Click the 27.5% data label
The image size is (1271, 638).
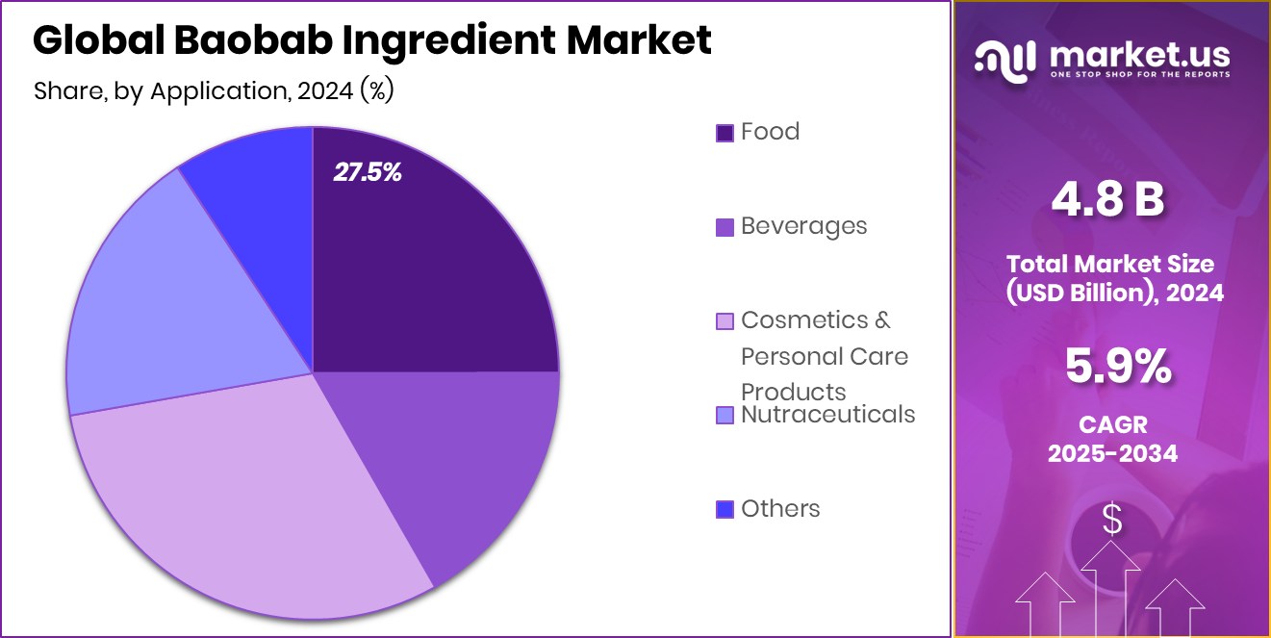point(368,172)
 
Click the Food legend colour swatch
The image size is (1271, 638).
point(724,133)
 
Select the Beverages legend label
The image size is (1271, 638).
point(803,226)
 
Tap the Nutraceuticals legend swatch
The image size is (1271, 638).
point(724,416)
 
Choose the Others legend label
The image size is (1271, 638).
point(780,509)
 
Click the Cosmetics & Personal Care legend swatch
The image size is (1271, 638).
point(724,320)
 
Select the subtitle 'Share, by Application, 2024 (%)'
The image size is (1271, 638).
point(214,91)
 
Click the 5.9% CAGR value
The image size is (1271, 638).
point(1116,368)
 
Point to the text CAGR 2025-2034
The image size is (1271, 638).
point(1112,439)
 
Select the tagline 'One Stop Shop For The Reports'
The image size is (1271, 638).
point(1139,74)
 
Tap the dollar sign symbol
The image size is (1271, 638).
point(1112,521)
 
